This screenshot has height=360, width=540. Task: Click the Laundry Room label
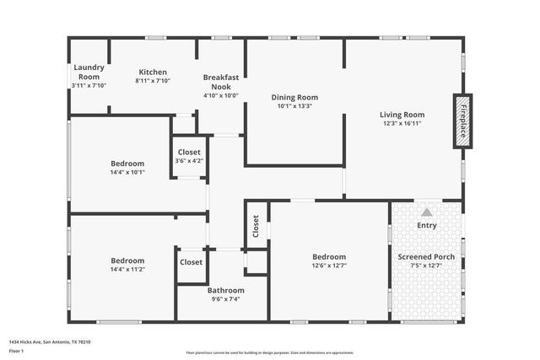tap(88, 72)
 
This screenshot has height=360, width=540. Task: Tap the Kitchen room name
tap(153, 72)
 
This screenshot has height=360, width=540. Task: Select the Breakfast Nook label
tap(221, 81)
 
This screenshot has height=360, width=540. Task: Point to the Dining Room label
tap(294, 96)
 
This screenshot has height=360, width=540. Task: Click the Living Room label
tap(402, 115)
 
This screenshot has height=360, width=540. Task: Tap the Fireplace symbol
tap(462, 121)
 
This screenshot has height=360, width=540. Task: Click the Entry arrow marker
tap(427, 212)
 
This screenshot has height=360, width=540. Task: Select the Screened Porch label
tap(426, 256)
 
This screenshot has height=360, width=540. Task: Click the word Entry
tap(427, 225)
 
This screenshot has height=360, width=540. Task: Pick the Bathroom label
tap(226, 290)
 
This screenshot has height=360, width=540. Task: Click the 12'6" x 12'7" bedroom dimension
tap(329, 266)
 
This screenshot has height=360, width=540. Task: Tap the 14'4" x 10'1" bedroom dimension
tap(127, 173)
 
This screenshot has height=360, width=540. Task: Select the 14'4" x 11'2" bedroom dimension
tap(127, 271)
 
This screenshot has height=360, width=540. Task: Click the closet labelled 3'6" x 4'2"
tap(189, 160)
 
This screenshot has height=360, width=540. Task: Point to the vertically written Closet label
tap(256, 225)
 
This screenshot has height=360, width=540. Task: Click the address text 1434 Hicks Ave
tap(50, 341)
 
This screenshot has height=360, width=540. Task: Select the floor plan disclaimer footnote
tap(269, 352)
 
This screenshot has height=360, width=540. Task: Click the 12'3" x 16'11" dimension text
tap(402, 124)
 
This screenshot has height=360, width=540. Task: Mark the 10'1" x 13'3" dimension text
tap(294, 106)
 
